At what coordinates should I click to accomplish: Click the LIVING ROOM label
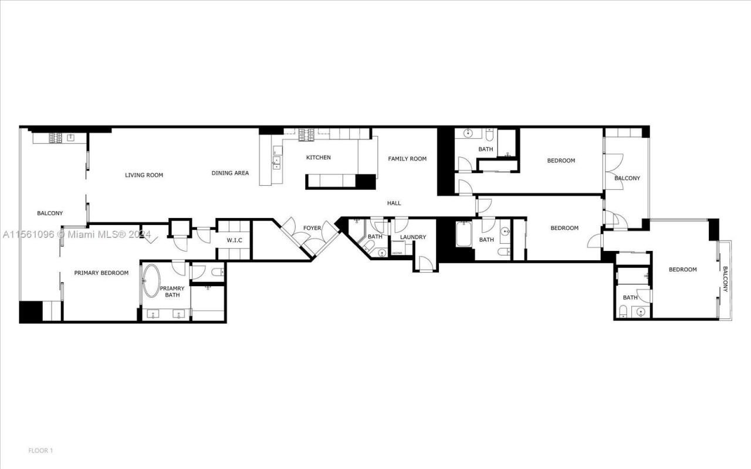pyautogui.click(x=144, y=175)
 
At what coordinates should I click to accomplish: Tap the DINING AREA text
pyautogui.click(x=230, y=173)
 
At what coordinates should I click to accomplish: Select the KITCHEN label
pyautogui.click(x=318, y=158)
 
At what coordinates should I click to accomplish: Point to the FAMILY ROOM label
pyautogui.click(x=407, y=159)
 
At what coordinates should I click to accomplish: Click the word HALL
pyautogui.click(x=394, y=203)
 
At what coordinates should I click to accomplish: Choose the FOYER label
pyautogui.click(x=312, y=228)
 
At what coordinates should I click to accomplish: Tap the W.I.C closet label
pyautogui.click(x=234, y=240)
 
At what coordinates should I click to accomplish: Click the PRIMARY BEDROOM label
pyautogui.click(x=101, y=273)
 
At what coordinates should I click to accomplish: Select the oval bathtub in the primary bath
pyautogui.click(x=151, y=282)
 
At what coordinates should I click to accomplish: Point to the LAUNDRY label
pyautogui.click(x=413, y=237)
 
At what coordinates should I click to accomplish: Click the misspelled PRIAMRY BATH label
pyautogui.click(x=172, y=291)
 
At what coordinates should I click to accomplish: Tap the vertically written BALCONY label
pyautogui.click(x=725, y=280)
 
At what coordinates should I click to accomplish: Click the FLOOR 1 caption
pyautogui.click(x=40, y=451)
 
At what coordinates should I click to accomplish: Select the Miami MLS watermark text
pyautogui.click(x=76, y=235)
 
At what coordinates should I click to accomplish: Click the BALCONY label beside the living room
pyautogui.click(x=50, y=213)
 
